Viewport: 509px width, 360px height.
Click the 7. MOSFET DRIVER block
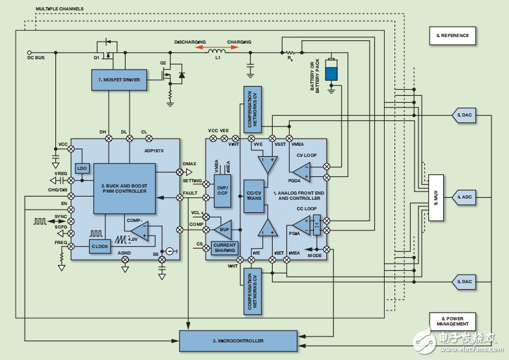(x=119, y=79)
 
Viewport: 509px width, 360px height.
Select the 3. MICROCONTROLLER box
(x=237, y=340)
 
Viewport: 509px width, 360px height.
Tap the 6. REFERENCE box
(x=452, y=35)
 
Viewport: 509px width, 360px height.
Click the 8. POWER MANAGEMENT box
(x=452, y=321)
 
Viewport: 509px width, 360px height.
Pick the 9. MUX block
(x=435, y=198)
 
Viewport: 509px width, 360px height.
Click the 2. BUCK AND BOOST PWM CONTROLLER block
(x=124, y=188)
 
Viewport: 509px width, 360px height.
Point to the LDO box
(x=82, y=169)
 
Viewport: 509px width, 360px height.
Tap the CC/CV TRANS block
(x=253, y=196)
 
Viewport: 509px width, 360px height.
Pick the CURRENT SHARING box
(x=224, y=247)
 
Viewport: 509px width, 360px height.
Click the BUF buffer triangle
(x=223, y=229)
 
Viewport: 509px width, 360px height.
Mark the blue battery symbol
(x=332, y=70)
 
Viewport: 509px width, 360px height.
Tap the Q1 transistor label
(x=96, y=57)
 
